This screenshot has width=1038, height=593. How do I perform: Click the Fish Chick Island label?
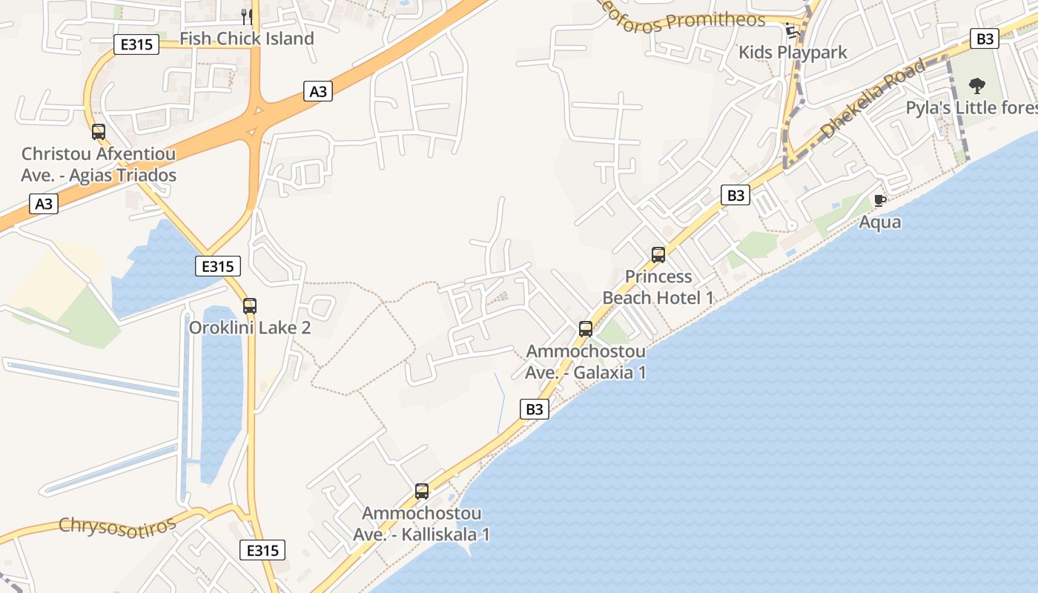[247, 39]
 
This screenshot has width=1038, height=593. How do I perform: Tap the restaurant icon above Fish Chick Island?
[247, 16]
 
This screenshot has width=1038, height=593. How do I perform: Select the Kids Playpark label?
[793, 53]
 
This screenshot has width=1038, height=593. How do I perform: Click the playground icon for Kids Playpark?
[792, 30]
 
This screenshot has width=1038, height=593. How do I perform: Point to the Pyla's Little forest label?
[971, 108]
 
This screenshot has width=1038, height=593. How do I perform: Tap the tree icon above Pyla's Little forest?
[977, 85]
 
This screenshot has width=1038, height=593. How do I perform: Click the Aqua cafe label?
[880, 222]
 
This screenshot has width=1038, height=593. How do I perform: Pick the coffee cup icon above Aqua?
[880, 200]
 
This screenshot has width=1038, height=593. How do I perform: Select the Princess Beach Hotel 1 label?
[658, 287]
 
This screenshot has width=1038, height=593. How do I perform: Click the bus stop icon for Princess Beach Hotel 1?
[658, 255]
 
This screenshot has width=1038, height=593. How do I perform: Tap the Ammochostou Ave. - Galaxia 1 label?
[585, 362]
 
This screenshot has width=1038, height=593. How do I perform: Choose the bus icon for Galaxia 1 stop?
[586, 329]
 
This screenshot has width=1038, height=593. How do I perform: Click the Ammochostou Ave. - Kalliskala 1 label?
[421, 524]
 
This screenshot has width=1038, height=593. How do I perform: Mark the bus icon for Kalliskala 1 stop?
[422, 491]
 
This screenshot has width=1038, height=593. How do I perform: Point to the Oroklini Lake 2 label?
[250, 328]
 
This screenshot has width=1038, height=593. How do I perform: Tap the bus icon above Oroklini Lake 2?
[250, 305]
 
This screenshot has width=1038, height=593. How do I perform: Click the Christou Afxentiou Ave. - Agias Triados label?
[99, 165]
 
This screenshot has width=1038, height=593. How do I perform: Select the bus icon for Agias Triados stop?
[99, 132]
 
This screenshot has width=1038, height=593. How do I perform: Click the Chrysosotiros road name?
[118, 525]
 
